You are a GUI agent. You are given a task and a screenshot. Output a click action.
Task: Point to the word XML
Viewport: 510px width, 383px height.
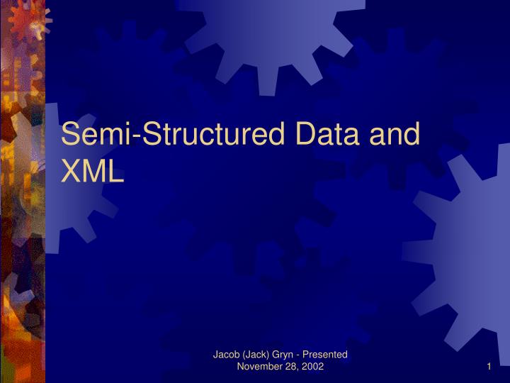(93, 170)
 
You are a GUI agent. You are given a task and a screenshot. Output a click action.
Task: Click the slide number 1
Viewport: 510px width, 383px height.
(489, 366)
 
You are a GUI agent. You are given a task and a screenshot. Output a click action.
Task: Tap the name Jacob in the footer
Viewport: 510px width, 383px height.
(227, 354)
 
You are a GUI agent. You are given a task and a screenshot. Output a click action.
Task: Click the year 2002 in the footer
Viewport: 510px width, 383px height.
(312, 366)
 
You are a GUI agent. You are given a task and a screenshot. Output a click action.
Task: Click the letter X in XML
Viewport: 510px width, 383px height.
(72, 170)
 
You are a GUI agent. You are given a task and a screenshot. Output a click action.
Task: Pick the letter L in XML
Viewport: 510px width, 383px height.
(116, 170)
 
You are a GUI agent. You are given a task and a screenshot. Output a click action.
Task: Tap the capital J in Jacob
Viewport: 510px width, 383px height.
(216, 354)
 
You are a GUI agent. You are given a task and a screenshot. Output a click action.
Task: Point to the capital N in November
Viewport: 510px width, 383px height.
(241, 366)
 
